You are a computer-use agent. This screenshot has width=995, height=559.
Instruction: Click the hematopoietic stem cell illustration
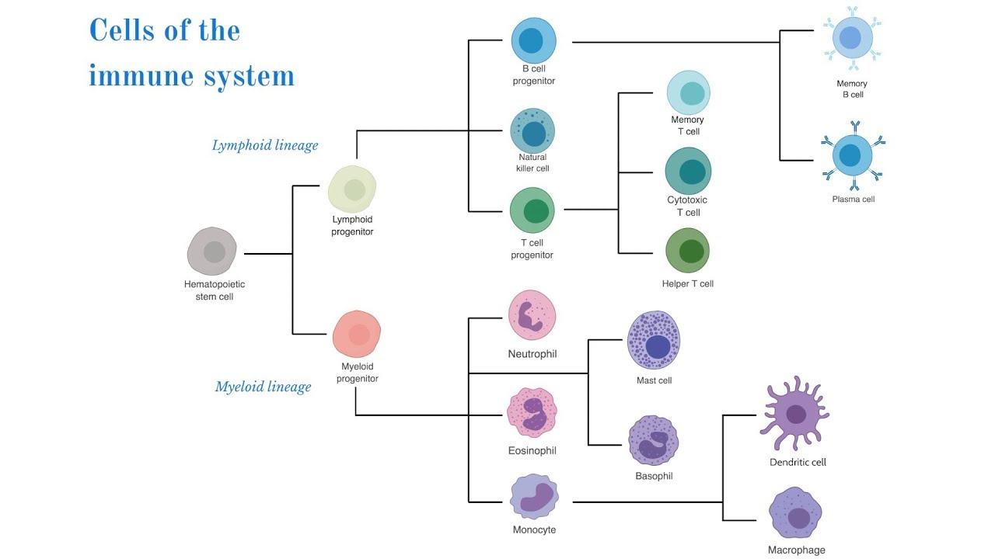tap(211, 252)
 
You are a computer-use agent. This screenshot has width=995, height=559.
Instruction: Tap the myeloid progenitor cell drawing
tap(357, 334)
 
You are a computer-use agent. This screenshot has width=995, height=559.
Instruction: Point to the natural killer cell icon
tap(532, 130)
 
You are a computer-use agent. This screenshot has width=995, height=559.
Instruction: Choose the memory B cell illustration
tap(852, 39)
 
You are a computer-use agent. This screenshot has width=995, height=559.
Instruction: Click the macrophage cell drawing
tap(795, 512)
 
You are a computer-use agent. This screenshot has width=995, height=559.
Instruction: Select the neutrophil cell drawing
tap(532, 315)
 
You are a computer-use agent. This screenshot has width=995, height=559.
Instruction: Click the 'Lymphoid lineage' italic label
tap(265, 145)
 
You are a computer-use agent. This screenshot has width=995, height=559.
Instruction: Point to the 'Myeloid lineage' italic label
tap(263, 387)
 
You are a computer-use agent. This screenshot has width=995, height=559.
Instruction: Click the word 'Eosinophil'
tap(532, 451)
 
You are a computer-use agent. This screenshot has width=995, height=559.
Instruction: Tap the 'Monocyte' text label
tap(534, 530)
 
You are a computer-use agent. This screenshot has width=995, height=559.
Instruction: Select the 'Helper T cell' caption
tap(687, 284)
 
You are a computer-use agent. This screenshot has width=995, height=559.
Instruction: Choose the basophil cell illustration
tap(654, 441)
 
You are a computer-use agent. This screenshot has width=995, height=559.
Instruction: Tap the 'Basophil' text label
tap(654, 476)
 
